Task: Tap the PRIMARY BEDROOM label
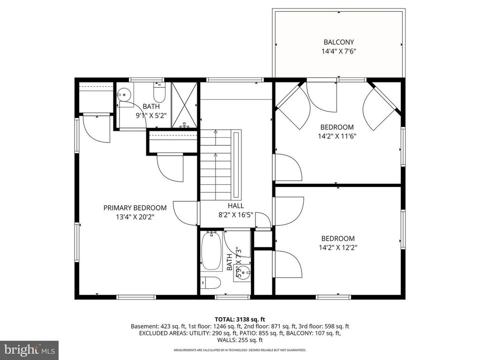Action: (135, 208)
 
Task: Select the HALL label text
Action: (236, 206)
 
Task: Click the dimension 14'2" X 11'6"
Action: (337, 136)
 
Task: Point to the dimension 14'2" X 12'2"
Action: (337, 247)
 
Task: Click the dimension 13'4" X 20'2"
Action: (135, 217)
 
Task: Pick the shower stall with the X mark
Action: (185, 105)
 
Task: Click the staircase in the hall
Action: (216, 164)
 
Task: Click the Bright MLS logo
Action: (29, 350)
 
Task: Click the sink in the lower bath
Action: (243, 271)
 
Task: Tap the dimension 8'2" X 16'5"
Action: (236, 215)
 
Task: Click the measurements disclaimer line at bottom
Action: (240, 350)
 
